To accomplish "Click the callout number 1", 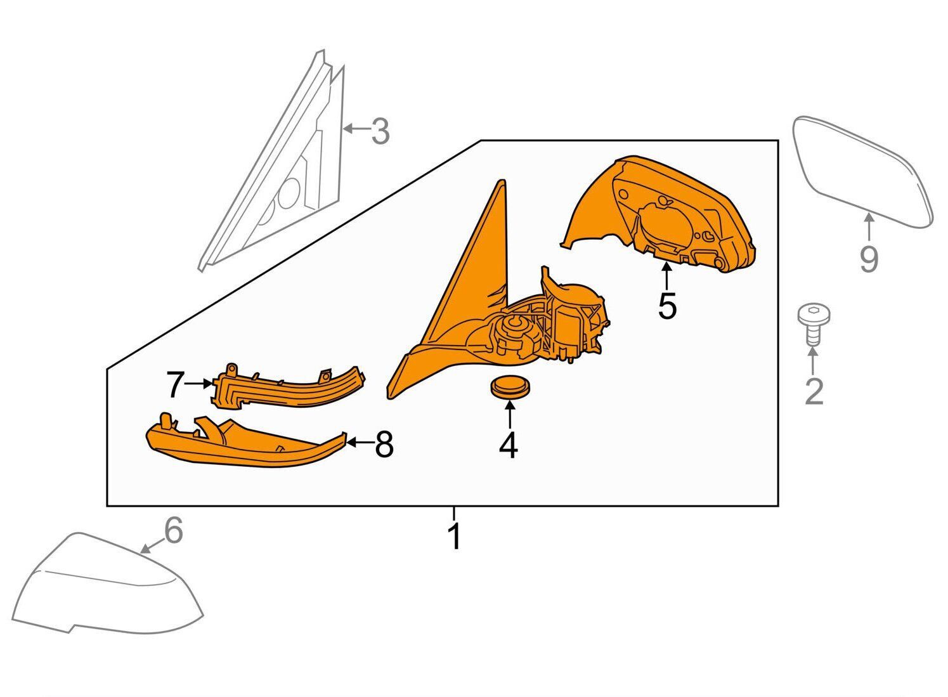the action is point(455,537).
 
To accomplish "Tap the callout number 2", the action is point(814,391).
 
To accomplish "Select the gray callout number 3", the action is point(380,131).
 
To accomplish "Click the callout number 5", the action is point(668,306).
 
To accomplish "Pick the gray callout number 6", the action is point(174,530).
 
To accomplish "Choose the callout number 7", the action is point(175,384).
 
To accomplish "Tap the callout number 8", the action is point(384,444).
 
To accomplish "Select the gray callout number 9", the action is point(869,259).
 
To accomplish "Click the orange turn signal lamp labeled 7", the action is point(288,388).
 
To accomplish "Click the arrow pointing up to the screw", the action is point(813,362).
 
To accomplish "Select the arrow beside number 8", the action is point(359,443).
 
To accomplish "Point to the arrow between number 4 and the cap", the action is point(510,414).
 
